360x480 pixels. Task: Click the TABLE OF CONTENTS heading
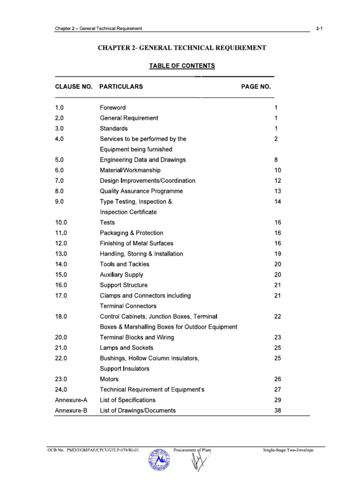click(182, 66)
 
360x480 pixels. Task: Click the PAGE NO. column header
click(256, 87)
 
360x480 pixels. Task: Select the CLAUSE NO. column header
click(74, 87)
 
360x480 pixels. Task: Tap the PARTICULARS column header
click(121, 87)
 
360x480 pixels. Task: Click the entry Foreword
click(112, 108)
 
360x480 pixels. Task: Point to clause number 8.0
click(59, 191)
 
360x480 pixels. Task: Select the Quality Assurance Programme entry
click(141, 191)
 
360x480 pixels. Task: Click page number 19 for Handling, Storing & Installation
click(277, 254)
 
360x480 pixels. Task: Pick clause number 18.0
click(61, 317)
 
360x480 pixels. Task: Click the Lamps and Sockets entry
click(126, 348)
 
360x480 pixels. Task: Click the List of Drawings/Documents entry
click(138, 411)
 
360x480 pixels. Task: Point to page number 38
click(277, 411)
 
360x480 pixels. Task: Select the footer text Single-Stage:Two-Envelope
click(288, 450)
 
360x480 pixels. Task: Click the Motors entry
click(109, 379)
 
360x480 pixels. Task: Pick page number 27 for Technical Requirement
click(277, 390)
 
